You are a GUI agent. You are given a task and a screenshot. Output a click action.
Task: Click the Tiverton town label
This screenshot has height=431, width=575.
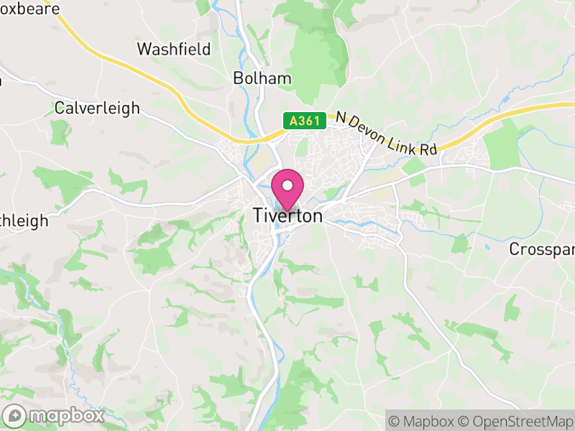point(287,215)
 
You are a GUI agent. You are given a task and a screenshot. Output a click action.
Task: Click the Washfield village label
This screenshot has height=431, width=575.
point(174,50)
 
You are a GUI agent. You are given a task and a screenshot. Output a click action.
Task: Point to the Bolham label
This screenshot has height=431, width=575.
point(262,78)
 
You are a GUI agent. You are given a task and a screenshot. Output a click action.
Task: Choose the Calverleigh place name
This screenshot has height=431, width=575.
point(97,108)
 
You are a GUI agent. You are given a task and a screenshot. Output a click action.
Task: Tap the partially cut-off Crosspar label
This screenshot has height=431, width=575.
point(541,249)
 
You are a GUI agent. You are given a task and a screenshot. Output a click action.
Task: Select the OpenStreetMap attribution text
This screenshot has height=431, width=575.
point(515,421)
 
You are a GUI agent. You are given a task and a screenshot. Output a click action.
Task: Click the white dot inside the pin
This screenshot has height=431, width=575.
point(287,185)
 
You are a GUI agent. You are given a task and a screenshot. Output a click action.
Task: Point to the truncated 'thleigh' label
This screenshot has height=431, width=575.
point(24,221)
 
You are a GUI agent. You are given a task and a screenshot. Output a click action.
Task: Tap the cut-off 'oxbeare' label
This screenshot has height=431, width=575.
point(29,9)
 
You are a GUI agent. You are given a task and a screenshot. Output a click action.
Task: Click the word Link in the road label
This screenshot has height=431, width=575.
point(405,140)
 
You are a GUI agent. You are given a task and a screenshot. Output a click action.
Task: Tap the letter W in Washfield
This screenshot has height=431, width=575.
point(144,50)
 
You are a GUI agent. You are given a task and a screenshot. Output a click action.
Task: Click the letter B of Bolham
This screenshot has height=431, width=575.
point(239,78)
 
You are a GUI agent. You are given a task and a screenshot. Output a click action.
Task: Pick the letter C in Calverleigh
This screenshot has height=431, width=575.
point(60,108)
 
